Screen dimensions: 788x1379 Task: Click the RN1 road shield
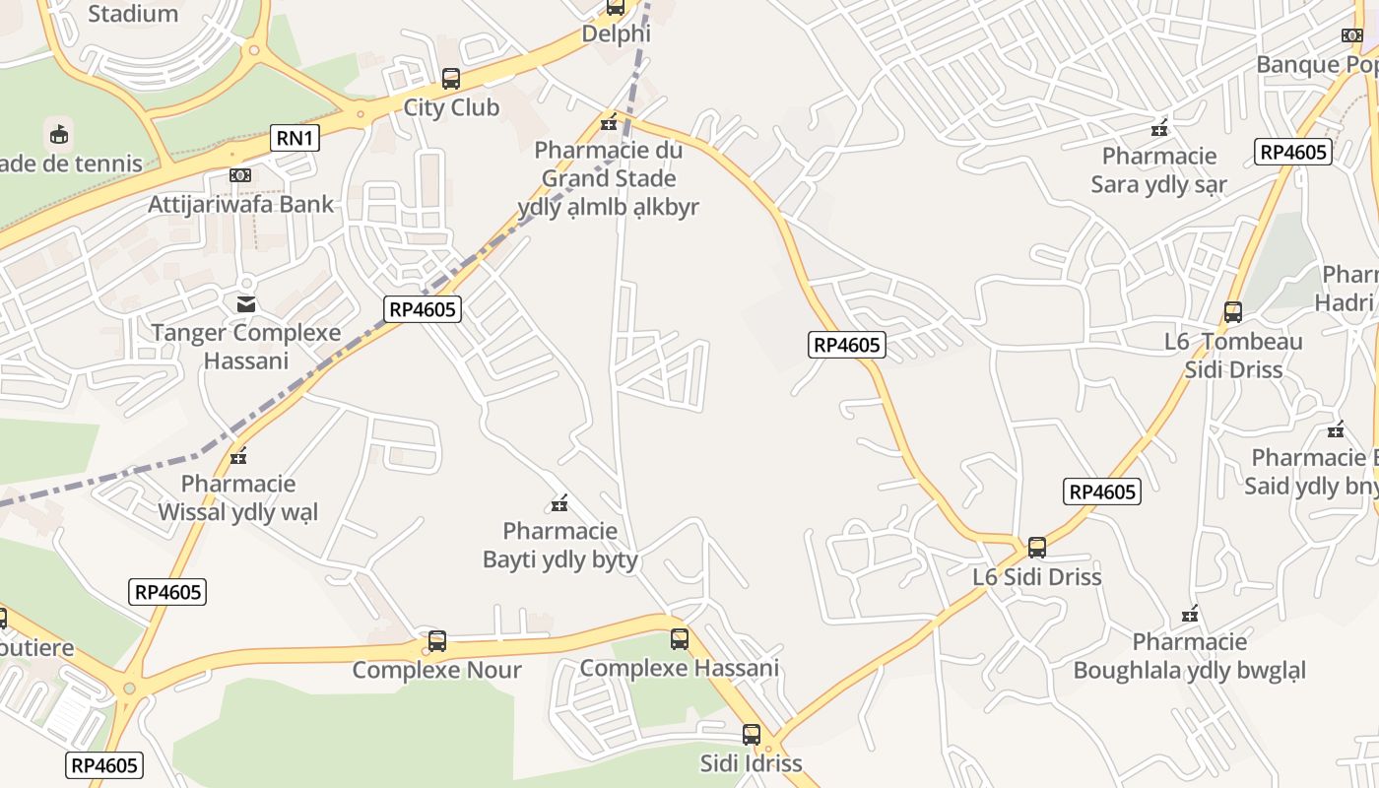tap(295, 138)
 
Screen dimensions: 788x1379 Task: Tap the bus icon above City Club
tap(451, 79)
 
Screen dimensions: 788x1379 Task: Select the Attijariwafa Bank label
tap(241, 204)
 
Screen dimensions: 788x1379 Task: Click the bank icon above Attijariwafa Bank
tap(239, 175)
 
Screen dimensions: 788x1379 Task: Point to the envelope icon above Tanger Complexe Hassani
tap(245, 303)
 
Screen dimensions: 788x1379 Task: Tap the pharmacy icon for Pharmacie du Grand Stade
tap(609, 122)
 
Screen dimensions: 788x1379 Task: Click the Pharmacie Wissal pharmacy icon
tap(238, 455)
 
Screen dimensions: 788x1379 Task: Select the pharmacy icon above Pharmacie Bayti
tap(559, 503)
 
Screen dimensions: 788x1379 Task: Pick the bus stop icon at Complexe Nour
tap(436, 641)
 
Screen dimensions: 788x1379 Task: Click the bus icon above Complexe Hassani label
tap(680, 639)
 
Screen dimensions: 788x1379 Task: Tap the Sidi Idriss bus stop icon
tap(752, 735)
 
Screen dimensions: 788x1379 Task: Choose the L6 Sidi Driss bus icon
tap(1037, 548)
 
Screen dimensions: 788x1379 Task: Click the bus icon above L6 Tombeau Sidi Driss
tap(1232, 312)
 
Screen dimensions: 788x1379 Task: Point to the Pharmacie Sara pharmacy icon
tap(1160, 127)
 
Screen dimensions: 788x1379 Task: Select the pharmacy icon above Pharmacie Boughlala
tap(1190, 615)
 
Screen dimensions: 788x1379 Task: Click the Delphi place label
tap(617, 33)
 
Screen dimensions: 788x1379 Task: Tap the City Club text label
tap(451, 107)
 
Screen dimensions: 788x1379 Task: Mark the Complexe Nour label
tap(436, 670)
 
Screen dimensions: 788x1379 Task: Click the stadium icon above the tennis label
tap(59, 133)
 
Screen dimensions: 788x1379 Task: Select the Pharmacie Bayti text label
tap(559, 546)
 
